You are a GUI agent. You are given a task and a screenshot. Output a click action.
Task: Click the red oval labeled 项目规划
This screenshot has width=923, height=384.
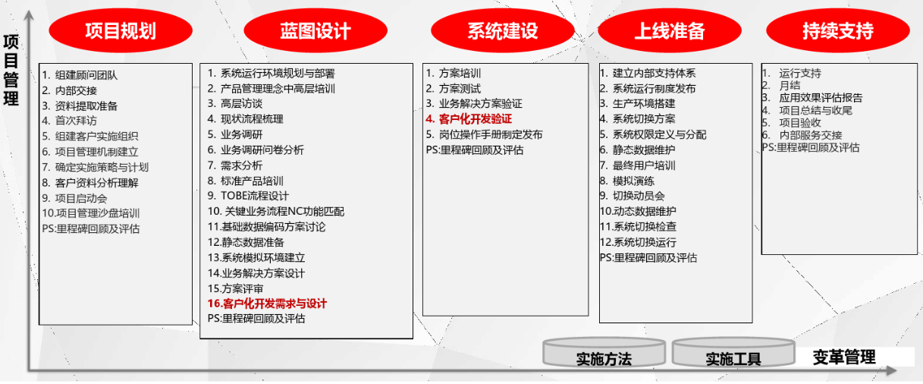(121, 30)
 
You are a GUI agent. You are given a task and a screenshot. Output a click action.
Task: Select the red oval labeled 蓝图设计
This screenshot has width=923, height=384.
(316, 30)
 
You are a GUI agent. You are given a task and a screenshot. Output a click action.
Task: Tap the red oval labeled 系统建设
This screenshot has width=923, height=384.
(503, 30)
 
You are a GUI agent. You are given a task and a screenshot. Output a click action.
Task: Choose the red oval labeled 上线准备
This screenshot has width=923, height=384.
(670, 30)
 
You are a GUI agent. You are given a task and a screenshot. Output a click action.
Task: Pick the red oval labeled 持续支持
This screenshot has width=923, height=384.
(838, 30)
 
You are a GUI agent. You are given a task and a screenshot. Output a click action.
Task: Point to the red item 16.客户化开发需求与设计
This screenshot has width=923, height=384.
(267, 304)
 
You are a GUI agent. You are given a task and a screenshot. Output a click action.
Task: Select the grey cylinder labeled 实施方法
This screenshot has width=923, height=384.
(604, 353)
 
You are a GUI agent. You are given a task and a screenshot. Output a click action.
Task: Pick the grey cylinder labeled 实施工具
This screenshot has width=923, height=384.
(733, 353)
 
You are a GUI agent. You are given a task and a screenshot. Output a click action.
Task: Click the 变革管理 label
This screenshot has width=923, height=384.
(844, 357)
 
